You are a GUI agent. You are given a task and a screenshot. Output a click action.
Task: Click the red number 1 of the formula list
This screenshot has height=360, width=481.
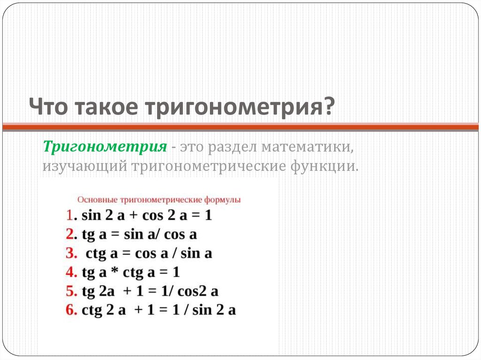point(69,215)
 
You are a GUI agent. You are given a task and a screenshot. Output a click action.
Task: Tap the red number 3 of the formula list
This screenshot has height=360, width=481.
point(71,253)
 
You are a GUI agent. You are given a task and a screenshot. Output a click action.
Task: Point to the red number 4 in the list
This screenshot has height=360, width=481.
point(71,272)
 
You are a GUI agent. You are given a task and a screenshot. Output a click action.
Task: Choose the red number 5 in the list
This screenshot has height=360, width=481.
point(71,291)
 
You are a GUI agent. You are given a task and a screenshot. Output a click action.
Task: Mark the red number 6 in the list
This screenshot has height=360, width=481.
point(71,310)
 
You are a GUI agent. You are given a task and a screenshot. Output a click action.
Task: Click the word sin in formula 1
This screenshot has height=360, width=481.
point(91,215)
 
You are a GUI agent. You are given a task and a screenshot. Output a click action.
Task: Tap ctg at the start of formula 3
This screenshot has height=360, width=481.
point(95,253)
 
